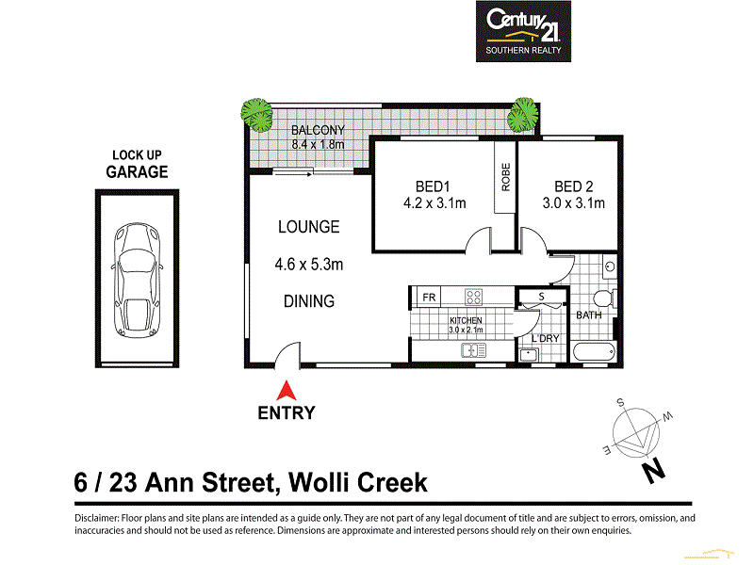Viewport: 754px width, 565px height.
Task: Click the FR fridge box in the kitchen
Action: (427, 298)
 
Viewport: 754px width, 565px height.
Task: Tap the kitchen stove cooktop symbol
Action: (474, 297)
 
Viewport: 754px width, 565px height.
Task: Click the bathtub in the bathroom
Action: (595, 353)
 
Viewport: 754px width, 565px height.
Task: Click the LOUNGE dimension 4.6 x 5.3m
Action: (309, 265)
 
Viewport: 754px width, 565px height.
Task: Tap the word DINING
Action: (309, 301)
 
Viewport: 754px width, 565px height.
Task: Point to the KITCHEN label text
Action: (465, 321)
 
